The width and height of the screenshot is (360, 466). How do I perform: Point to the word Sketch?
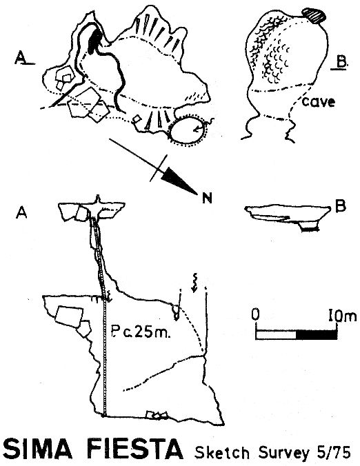point(222,453)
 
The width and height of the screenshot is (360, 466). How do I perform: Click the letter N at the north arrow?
point(207,199)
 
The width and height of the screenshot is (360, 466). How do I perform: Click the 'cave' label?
point(319,102)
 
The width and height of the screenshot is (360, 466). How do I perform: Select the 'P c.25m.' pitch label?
point(141,332)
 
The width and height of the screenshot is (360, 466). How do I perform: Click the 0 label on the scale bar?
point(255,315)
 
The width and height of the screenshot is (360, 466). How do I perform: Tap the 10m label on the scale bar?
point(342,315)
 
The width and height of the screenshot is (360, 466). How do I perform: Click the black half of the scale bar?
point(317,334)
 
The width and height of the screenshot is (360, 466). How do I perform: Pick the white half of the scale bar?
point(276,334)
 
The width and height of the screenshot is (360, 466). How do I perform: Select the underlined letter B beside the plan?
point(340,63)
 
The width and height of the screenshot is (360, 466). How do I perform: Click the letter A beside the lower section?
point(21,212)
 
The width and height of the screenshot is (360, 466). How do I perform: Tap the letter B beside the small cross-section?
point(341,206)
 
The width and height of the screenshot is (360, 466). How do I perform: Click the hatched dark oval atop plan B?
point(314,15)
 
